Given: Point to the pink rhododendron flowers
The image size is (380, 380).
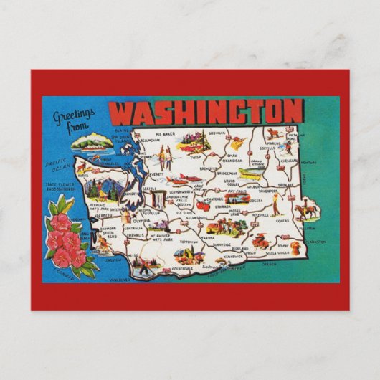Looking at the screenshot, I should click(x=68, y=240).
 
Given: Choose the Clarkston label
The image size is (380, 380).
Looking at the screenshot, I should click(x=313, y=242).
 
